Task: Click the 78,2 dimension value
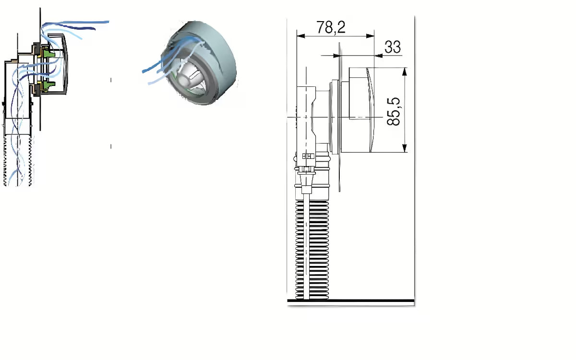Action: coord(331,27)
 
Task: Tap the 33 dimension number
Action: coord(393,47)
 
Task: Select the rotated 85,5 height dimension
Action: coord(394,111)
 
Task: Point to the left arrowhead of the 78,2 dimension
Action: coord(301,36)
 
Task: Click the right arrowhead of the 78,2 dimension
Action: coord(370,36)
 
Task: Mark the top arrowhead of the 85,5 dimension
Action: coord(405,72)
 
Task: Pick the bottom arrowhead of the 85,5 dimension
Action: coord(405,148)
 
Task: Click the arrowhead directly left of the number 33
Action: coord(379,56)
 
